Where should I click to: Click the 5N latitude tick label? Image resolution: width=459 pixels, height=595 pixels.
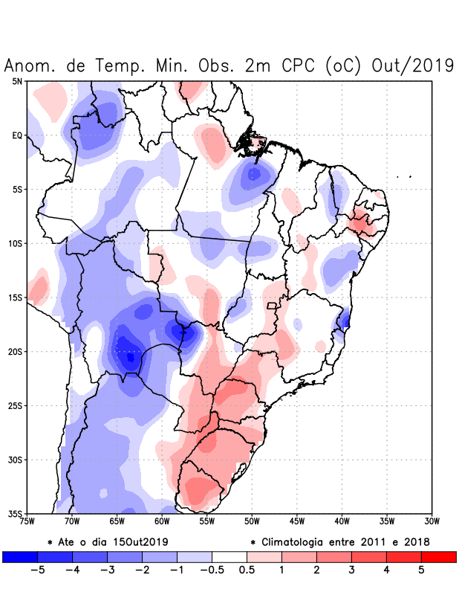click(x=17, y=81)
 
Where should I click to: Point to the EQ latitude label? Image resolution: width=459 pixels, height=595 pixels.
click(x=17, y=135)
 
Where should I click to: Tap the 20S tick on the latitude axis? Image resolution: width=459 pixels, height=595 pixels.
click(x=16, y=352)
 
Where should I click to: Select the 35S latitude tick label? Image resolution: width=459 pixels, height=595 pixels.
click(x=16, y=513)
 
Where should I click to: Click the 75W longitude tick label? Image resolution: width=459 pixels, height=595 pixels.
click(x=27, y=521)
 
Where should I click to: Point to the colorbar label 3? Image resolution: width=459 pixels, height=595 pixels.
click(x=351, y=570)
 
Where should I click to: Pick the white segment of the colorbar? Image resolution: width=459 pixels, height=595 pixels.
click(x=229, y=556)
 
